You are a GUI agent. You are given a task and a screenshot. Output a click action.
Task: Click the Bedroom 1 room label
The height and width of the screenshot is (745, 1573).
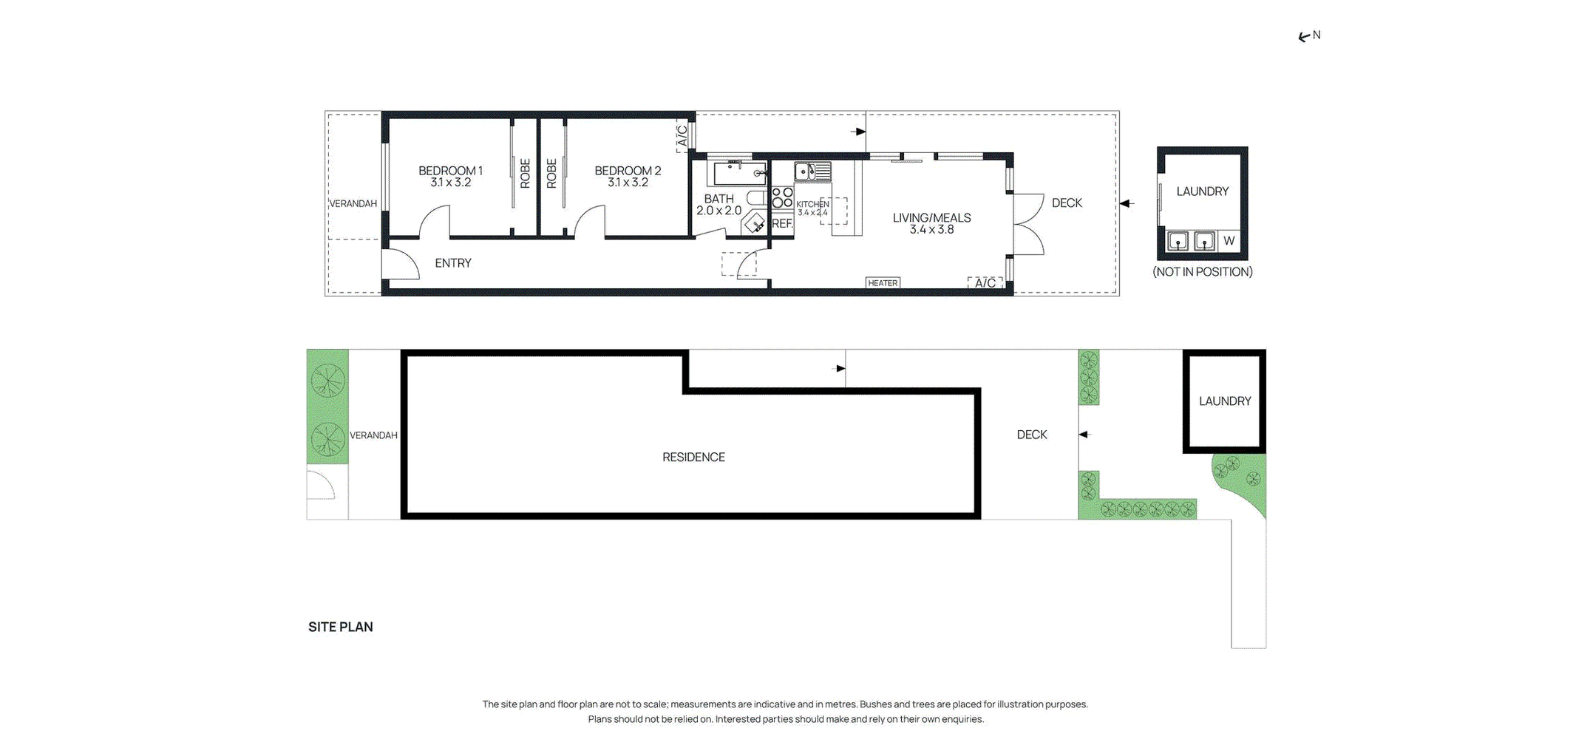[450, 176]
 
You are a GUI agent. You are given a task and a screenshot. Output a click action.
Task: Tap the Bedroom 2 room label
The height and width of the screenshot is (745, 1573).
[628, 176]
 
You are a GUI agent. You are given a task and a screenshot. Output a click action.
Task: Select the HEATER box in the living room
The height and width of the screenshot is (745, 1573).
[883, 283]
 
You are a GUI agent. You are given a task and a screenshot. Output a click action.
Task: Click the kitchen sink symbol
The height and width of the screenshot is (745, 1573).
[812, 171]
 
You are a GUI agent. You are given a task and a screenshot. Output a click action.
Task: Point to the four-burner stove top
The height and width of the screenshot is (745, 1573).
[782, 197]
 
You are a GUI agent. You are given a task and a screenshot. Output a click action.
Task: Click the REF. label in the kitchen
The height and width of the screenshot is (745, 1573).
[782, 223]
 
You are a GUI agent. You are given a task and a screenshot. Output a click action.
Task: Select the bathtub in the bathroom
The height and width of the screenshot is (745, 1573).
[737, 173]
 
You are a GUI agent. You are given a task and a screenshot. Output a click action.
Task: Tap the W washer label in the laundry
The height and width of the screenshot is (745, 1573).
[1229, 241]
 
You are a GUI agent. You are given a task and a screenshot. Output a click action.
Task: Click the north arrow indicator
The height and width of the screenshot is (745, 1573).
[1309, 36]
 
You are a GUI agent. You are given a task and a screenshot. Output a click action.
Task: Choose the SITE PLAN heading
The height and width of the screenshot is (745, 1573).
[341, 627]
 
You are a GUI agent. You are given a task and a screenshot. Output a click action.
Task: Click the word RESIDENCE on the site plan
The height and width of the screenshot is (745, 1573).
[693, 457]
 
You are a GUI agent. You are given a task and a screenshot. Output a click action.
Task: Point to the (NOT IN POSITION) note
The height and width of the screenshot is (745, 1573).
[1203, 272]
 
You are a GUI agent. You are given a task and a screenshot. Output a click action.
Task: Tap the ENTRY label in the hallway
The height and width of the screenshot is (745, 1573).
[453, 263]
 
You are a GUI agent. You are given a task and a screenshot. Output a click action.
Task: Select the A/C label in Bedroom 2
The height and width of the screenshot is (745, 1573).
[682, 136]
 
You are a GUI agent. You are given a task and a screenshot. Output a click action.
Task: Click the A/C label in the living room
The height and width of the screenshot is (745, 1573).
[985, 283]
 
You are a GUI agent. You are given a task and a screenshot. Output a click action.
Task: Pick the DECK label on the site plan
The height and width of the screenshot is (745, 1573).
[1032, 435]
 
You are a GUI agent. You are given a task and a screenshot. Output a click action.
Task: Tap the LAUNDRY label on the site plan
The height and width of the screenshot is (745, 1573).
[1225, 401]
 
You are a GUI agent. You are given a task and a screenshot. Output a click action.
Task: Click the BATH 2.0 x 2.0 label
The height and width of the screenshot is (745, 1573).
[718, 205]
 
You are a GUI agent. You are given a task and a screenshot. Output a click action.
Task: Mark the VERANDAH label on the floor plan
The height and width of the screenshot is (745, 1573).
[353, 204]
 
